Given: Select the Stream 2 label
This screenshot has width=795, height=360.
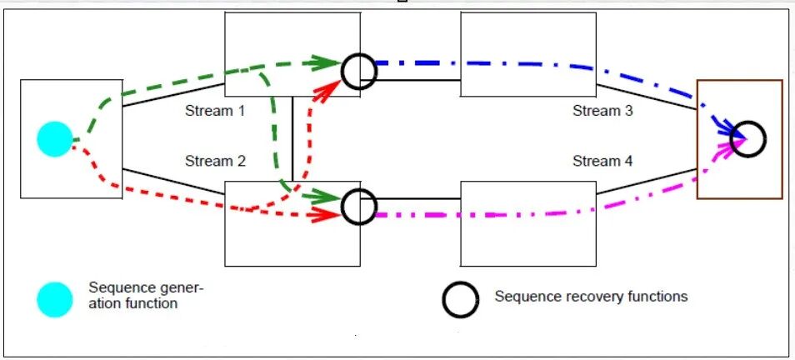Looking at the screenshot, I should pos(214,161).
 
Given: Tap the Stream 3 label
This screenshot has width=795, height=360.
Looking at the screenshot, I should pos(602,110).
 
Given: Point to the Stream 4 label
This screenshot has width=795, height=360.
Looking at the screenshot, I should pos(602,161).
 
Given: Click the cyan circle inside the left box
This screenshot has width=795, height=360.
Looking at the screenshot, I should pos(55,139).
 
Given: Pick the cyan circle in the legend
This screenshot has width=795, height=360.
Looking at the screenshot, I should pos(55,298).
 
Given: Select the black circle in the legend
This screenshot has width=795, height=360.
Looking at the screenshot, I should pos(460,298).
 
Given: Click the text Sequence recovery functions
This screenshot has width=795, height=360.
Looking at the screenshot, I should pos(591,296).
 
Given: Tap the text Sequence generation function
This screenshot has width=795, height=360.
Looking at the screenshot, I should pos(145,296).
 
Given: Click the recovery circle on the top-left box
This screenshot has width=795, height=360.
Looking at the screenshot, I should pos(359,72).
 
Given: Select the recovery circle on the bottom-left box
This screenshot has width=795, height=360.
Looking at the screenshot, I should pos(359,205).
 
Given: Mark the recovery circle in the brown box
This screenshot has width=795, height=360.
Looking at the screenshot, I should pos(747,138).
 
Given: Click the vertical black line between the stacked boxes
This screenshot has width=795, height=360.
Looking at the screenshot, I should pos(292,137).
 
